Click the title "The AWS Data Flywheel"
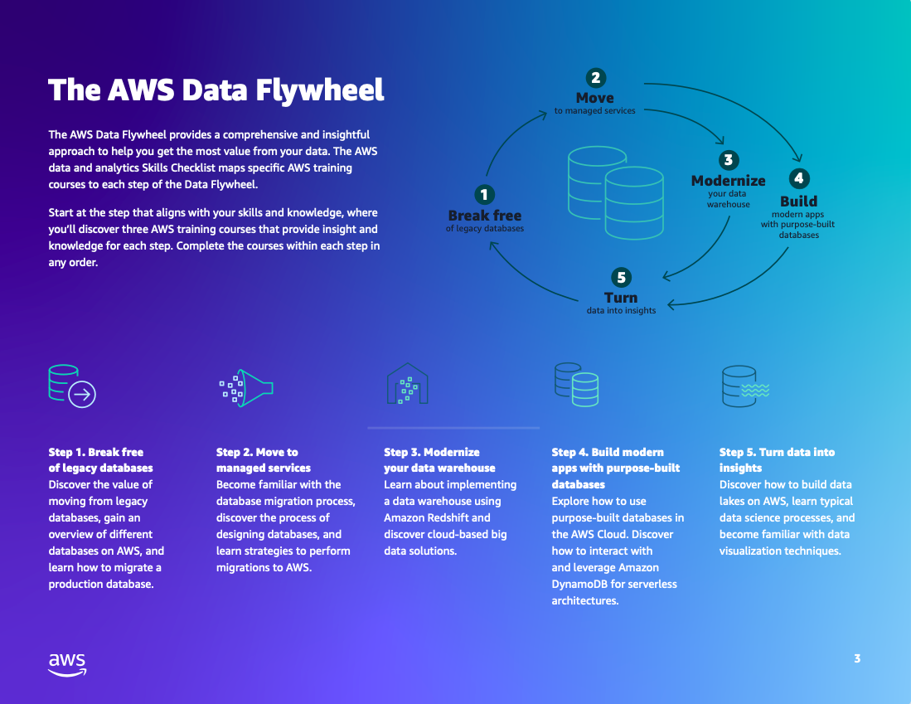pyautogui.click(x=216, y=90)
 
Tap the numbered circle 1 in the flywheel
pyautogui.click(x=484, y=195)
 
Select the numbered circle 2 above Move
pyautogui.click(x=595, y=78)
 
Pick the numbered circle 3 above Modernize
pyautogui.click(x=728, y=160)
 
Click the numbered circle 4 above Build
pyautogui.click(x=798, y=178)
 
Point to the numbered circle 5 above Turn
pyautogui.click(x=620, y=278)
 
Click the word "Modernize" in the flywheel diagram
pyautogui.click(x=728, y=181)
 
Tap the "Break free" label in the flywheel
pyautogui.click(x=485, y=216)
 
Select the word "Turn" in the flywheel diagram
pyautogui.click(x=621, y=298)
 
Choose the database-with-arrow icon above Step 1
pyautogui.click(x=72, y=385)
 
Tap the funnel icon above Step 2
pyautogui.click(x=246, y=387)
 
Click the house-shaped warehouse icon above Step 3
pyautogui.click(x=407, y=385)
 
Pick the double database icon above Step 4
pyautogui.click(x=576, y=385)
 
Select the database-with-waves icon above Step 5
pyautogui.click(x=744, y=386)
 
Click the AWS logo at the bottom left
pyautogui.click(x=67, y=664)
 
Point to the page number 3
pyautogui.click(x=857, y=659)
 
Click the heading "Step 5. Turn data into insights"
pyautogui.click(x=777, y=459)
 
